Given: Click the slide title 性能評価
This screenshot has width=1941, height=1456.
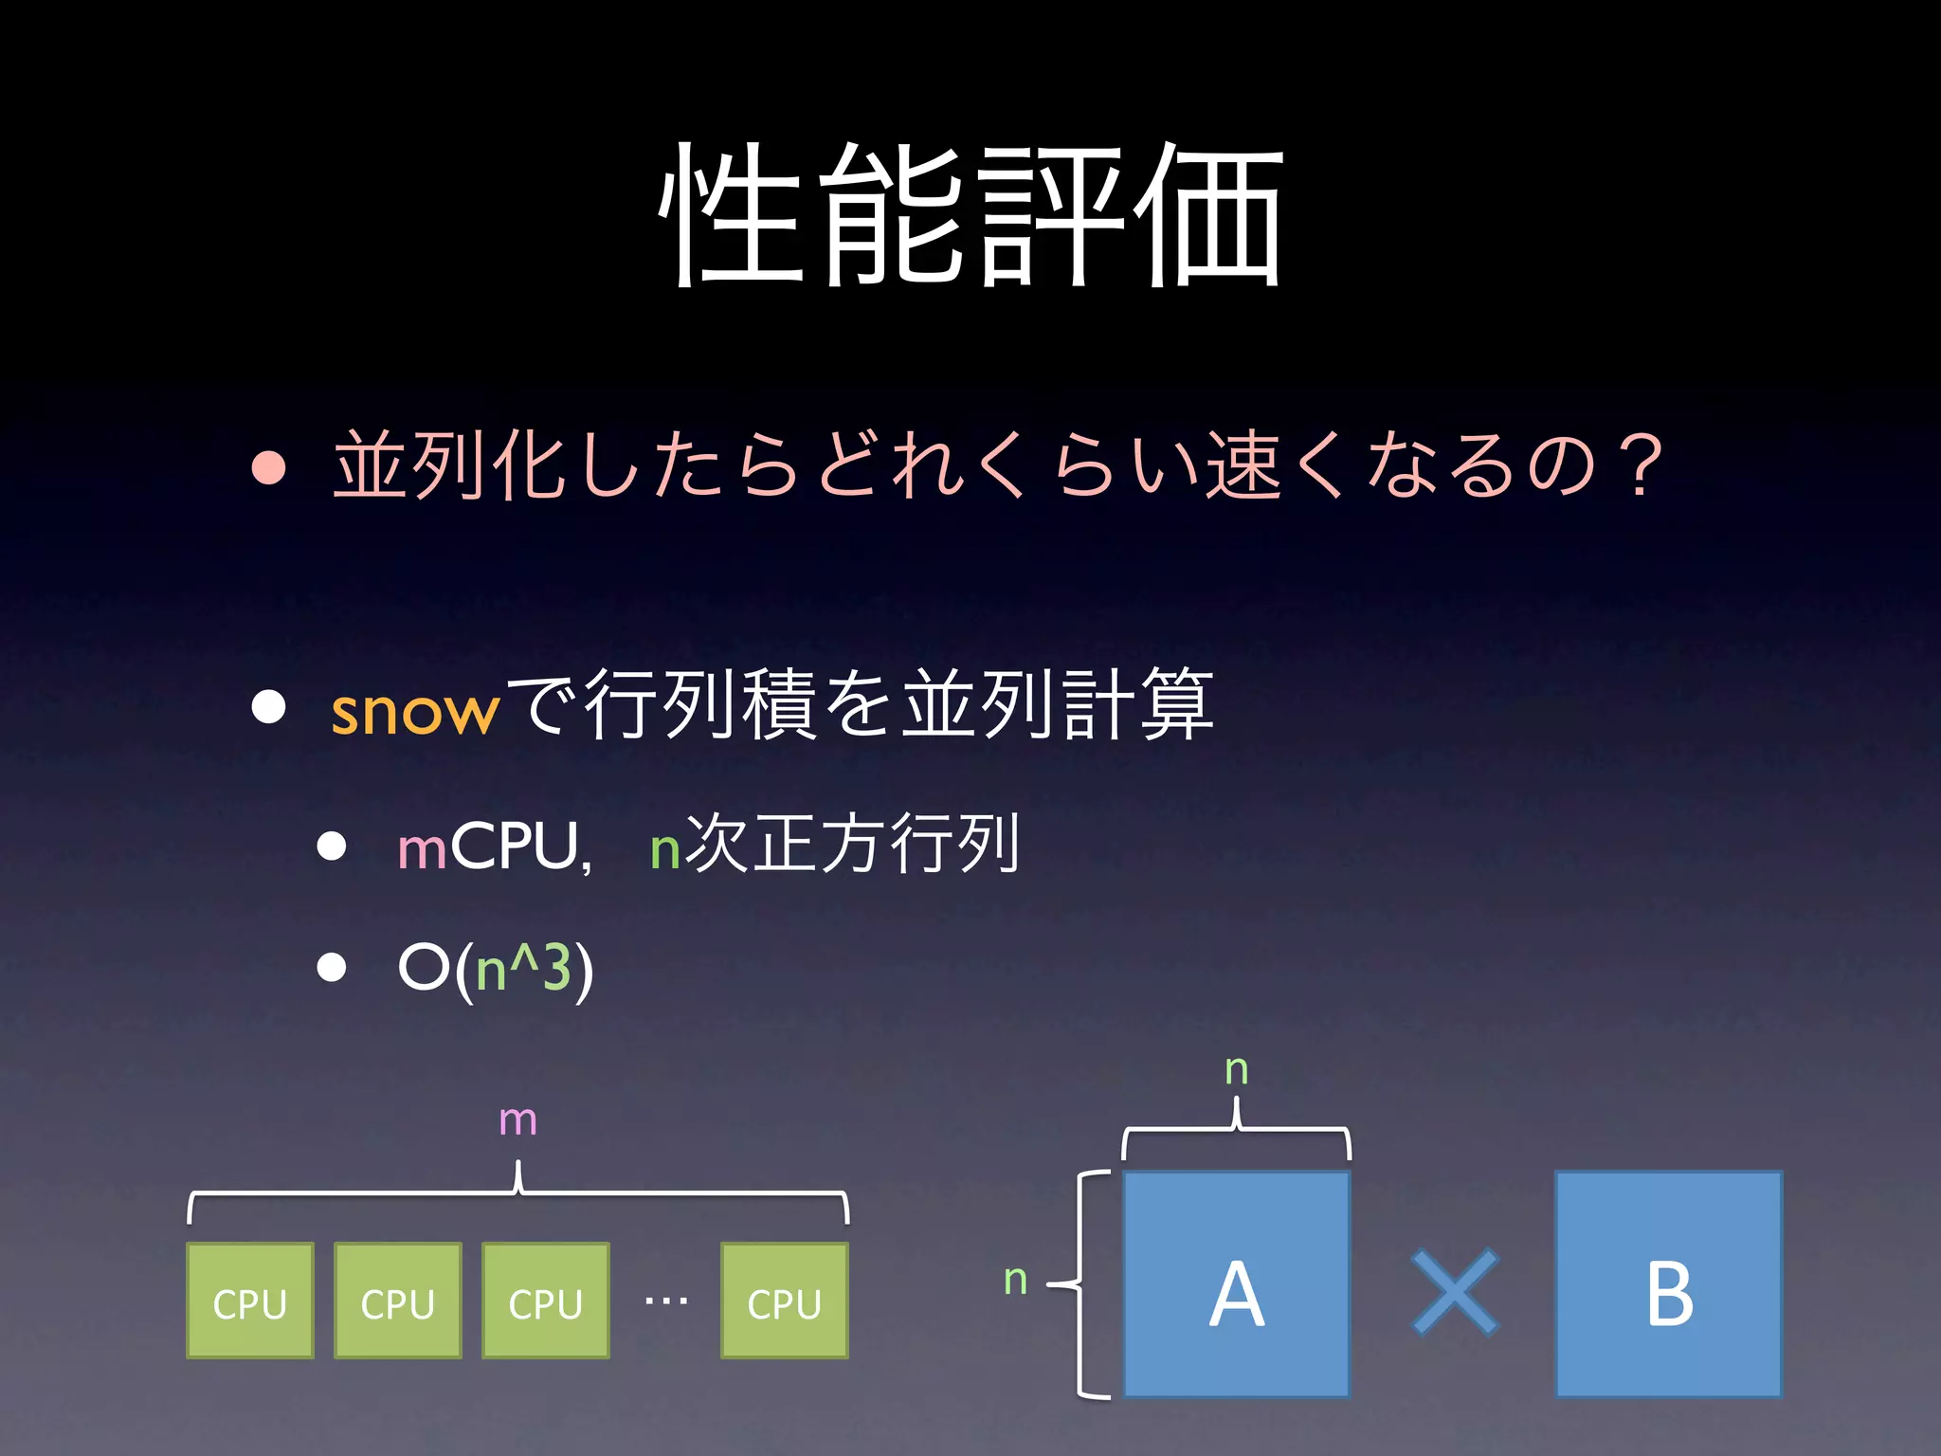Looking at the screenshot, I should tap(970, 216).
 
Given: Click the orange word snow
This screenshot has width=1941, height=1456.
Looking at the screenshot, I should tap(414, 711).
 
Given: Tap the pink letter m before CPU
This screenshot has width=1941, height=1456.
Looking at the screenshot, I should tap(422, 848).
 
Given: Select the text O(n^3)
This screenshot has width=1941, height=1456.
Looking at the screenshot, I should tap(496, 969).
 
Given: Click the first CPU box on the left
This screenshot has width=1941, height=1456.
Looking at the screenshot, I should tap(250, 1301).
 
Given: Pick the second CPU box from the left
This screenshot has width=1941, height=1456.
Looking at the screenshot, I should tap(398, 1301).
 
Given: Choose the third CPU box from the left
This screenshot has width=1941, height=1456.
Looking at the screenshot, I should tap(546, 1301).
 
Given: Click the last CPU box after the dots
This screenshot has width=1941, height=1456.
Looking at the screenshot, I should tap(785, 1301).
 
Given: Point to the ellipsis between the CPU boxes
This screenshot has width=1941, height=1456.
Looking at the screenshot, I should tap(665, 1301).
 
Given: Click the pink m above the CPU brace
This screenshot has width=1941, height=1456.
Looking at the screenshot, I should tap(517, 1121).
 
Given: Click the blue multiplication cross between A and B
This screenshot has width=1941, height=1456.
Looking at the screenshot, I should tap(1455, 1292).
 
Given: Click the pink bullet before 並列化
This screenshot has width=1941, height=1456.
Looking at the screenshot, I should tap(269, 466).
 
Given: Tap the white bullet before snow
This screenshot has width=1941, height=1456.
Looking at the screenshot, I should tap(269, 706).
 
